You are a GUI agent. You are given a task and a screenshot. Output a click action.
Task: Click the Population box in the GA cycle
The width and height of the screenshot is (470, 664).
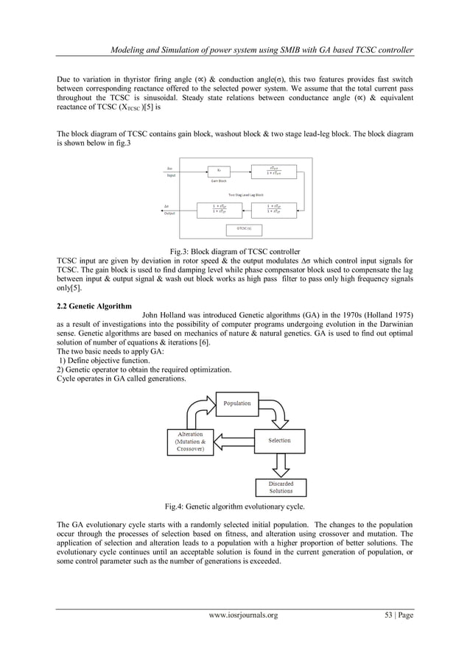[x=236, y=403]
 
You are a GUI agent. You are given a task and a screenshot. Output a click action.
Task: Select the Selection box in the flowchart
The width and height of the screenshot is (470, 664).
[x=279, y=441]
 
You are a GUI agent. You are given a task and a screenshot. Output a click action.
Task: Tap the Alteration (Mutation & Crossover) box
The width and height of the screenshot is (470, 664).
[x=191, y=442]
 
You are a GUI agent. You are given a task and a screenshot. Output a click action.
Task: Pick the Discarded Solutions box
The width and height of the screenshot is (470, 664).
[x=281, y=487]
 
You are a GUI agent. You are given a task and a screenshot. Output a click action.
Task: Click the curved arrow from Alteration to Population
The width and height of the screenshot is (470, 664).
[x=197, y=412]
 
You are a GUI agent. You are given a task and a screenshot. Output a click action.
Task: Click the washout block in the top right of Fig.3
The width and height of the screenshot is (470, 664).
[x=275, y=170]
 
